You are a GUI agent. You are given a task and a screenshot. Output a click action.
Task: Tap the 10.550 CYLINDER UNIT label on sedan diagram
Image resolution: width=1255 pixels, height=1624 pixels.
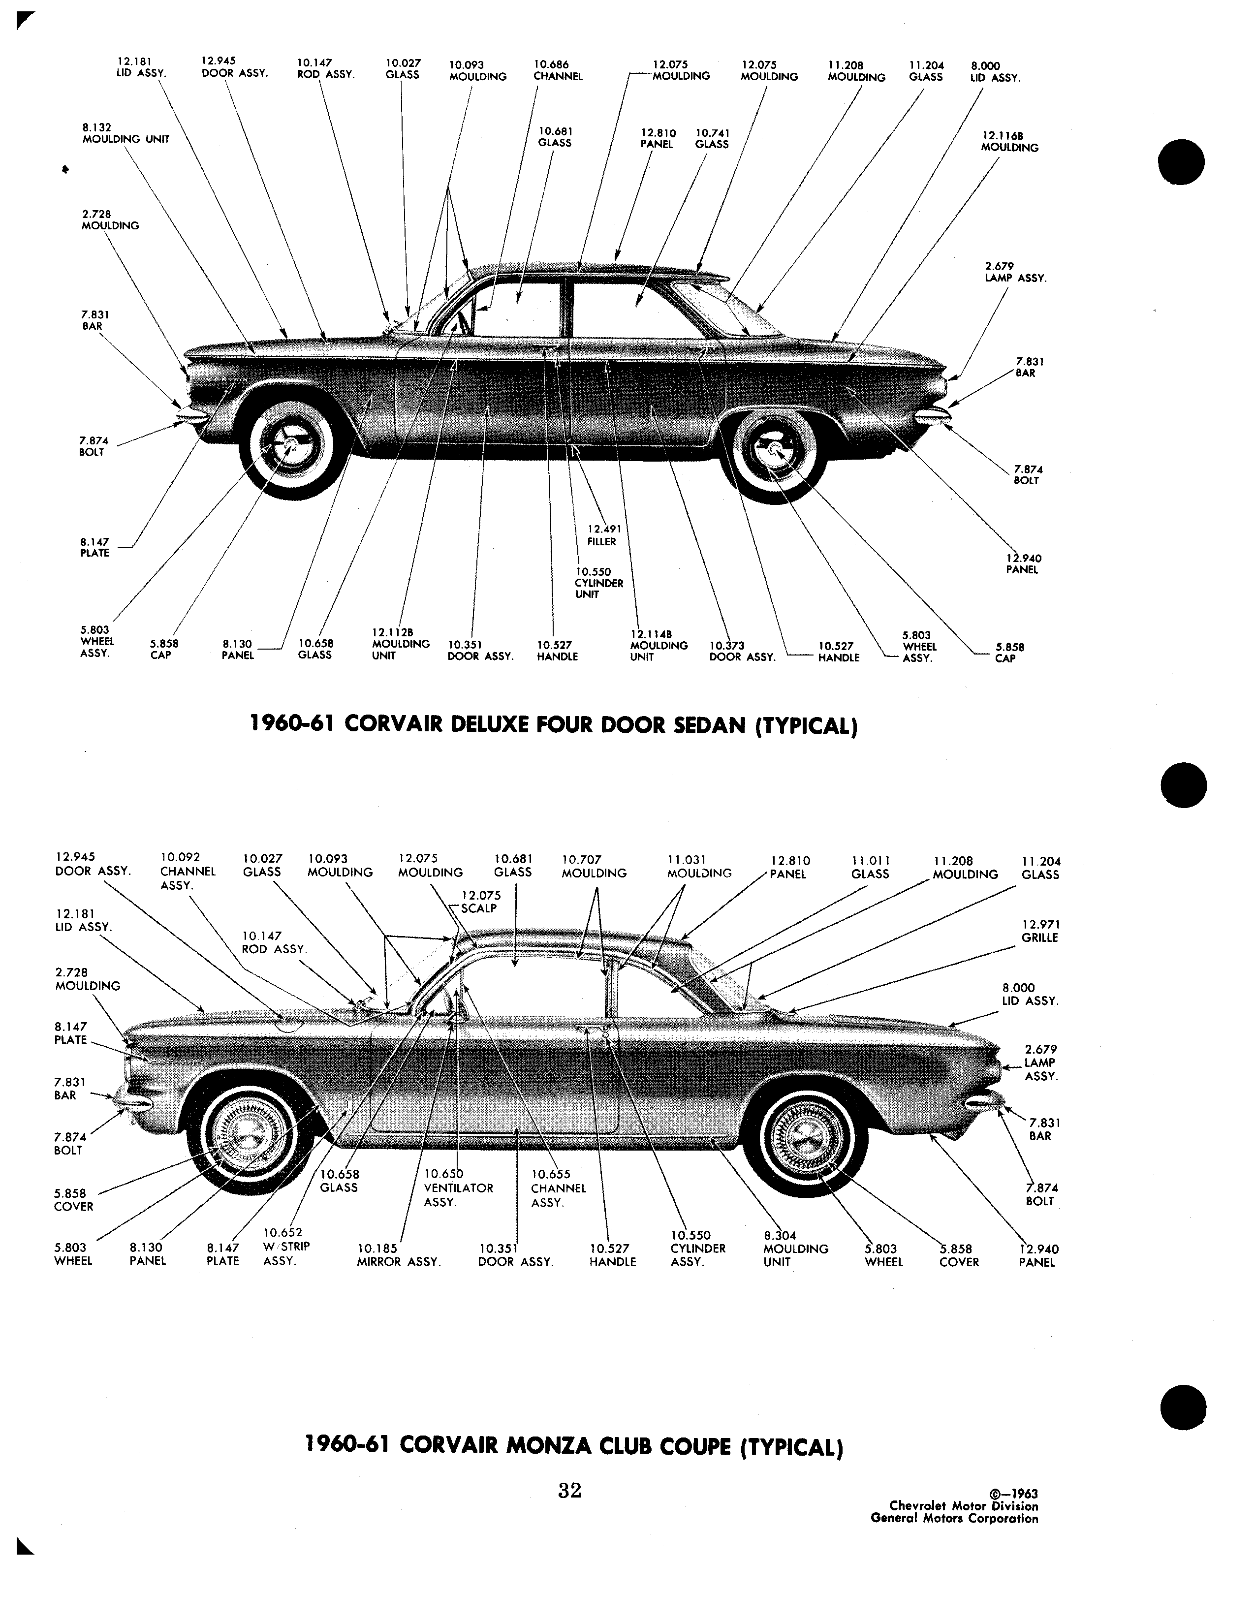pos(599,583)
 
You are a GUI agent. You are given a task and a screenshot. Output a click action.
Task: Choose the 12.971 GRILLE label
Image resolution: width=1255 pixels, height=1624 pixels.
pos(1040,931)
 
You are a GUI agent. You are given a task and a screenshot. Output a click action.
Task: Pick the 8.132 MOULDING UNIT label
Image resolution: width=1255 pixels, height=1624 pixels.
pos(125,133)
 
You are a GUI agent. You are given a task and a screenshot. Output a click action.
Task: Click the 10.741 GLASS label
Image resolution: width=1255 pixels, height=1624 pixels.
pos(712,138)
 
